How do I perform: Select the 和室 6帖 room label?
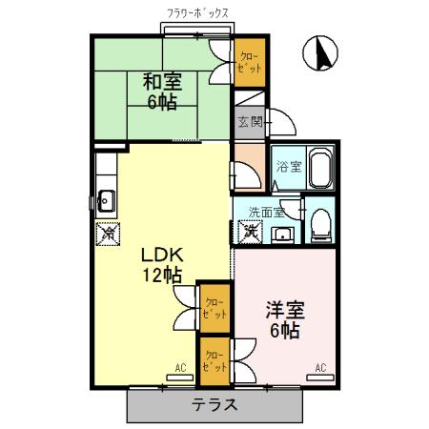pyautogui.click(x=162, y=91)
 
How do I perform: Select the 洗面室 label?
pyautogui.click(x=266, y=213)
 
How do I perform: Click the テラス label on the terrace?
pyautogui.click(x=214, y=404)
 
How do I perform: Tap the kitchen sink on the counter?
pyautogui.click(x=106, y=201)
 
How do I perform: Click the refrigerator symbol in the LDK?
pyautogui.click(x=110, y=232)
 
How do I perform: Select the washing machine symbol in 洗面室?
pyautogui.click(x=251, y=231)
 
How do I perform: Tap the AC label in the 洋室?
pyautogui.click(x=320, y=367)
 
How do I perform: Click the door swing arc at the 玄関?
pyautogui.click(x=282, y=122)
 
